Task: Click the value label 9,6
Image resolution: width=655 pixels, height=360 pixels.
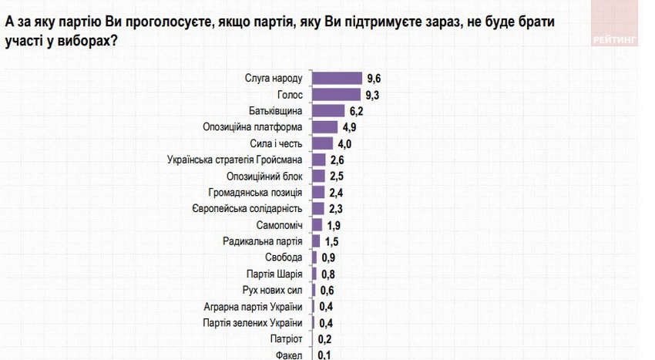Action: [375, 78]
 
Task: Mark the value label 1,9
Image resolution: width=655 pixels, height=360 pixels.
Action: [334, 225]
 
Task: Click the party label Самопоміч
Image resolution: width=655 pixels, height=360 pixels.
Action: [280, 225]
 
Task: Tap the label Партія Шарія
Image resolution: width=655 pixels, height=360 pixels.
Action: [274, 274]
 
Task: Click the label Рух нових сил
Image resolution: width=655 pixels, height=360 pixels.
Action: [274, 291]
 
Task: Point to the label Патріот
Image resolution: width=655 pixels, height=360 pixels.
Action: [286, 339]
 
